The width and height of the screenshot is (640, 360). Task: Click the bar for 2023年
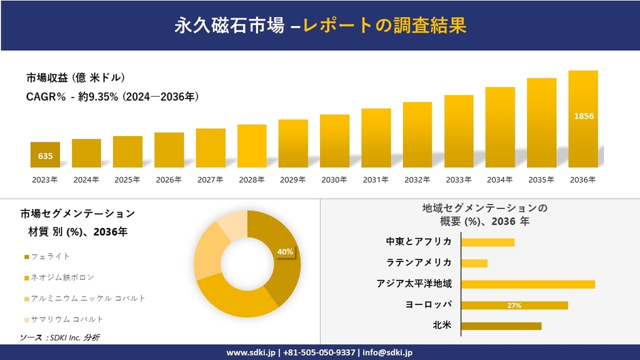(x=45, y=154)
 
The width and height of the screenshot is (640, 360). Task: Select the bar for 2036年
(x=583, y=119)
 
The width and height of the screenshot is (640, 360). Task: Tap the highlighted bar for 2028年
(x=252, y=146)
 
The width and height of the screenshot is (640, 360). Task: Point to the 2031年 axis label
(x=376, y=180)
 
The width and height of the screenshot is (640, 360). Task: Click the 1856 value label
(x=583, y=116)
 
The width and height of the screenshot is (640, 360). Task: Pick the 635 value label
(x=45, y=157)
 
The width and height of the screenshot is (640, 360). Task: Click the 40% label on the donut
(x=285, y=252)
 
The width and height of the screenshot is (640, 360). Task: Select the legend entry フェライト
(x=52, y=256)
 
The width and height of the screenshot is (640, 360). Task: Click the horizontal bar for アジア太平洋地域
(x=528, y=284)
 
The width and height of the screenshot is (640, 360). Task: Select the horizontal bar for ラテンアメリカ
(x=475, y=263)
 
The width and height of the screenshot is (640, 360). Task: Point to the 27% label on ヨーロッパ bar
(x=514, y=306)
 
